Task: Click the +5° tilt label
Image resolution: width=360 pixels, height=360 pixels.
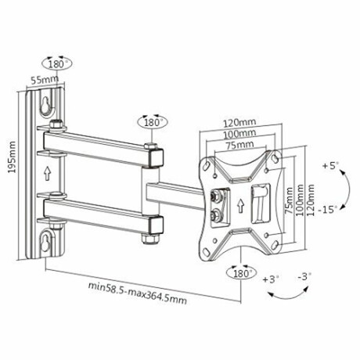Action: coord(331,166)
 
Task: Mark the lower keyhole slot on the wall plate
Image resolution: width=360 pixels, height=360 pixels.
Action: coord(49,239)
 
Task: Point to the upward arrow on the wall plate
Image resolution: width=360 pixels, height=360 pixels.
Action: coord(49,172)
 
